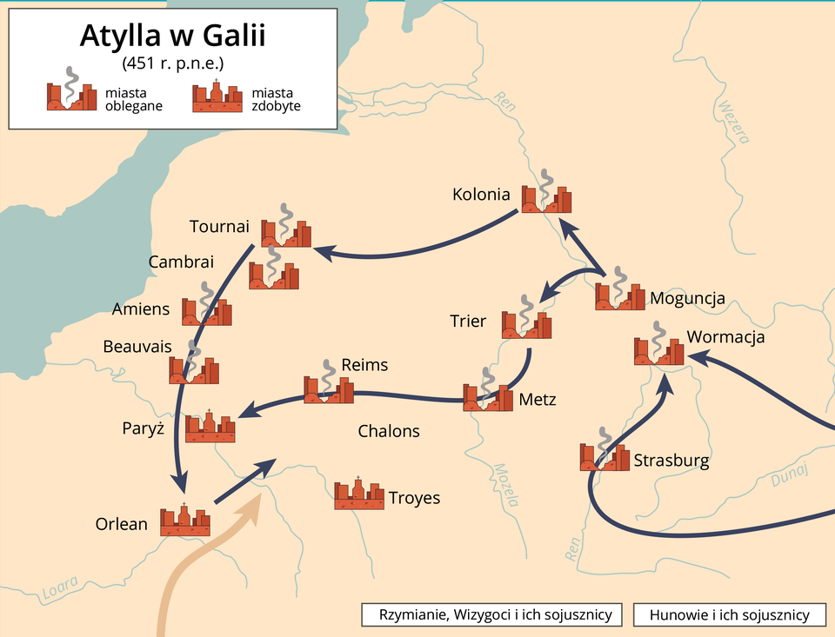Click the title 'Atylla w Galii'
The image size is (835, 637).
(172, 37)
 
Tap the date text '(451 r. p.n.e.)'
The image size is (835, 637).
(172, 63)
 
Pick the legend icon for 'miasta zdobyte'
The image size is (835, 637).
(217, 96)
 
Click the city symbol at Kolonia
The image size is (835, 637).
(546, 197)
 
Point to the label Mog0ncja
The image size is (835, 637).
(687, 299)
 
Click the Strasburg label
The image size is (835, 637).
(671, 461)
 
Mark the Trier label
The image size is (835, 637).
(468, 321)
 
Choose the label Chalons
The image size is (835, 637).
(389, 431)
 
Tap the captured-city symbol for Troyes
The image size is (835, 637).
(359, 494)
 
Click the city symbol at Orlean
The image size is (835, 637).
(185, 521)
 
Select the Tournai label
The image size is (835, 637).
(219, 227)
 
